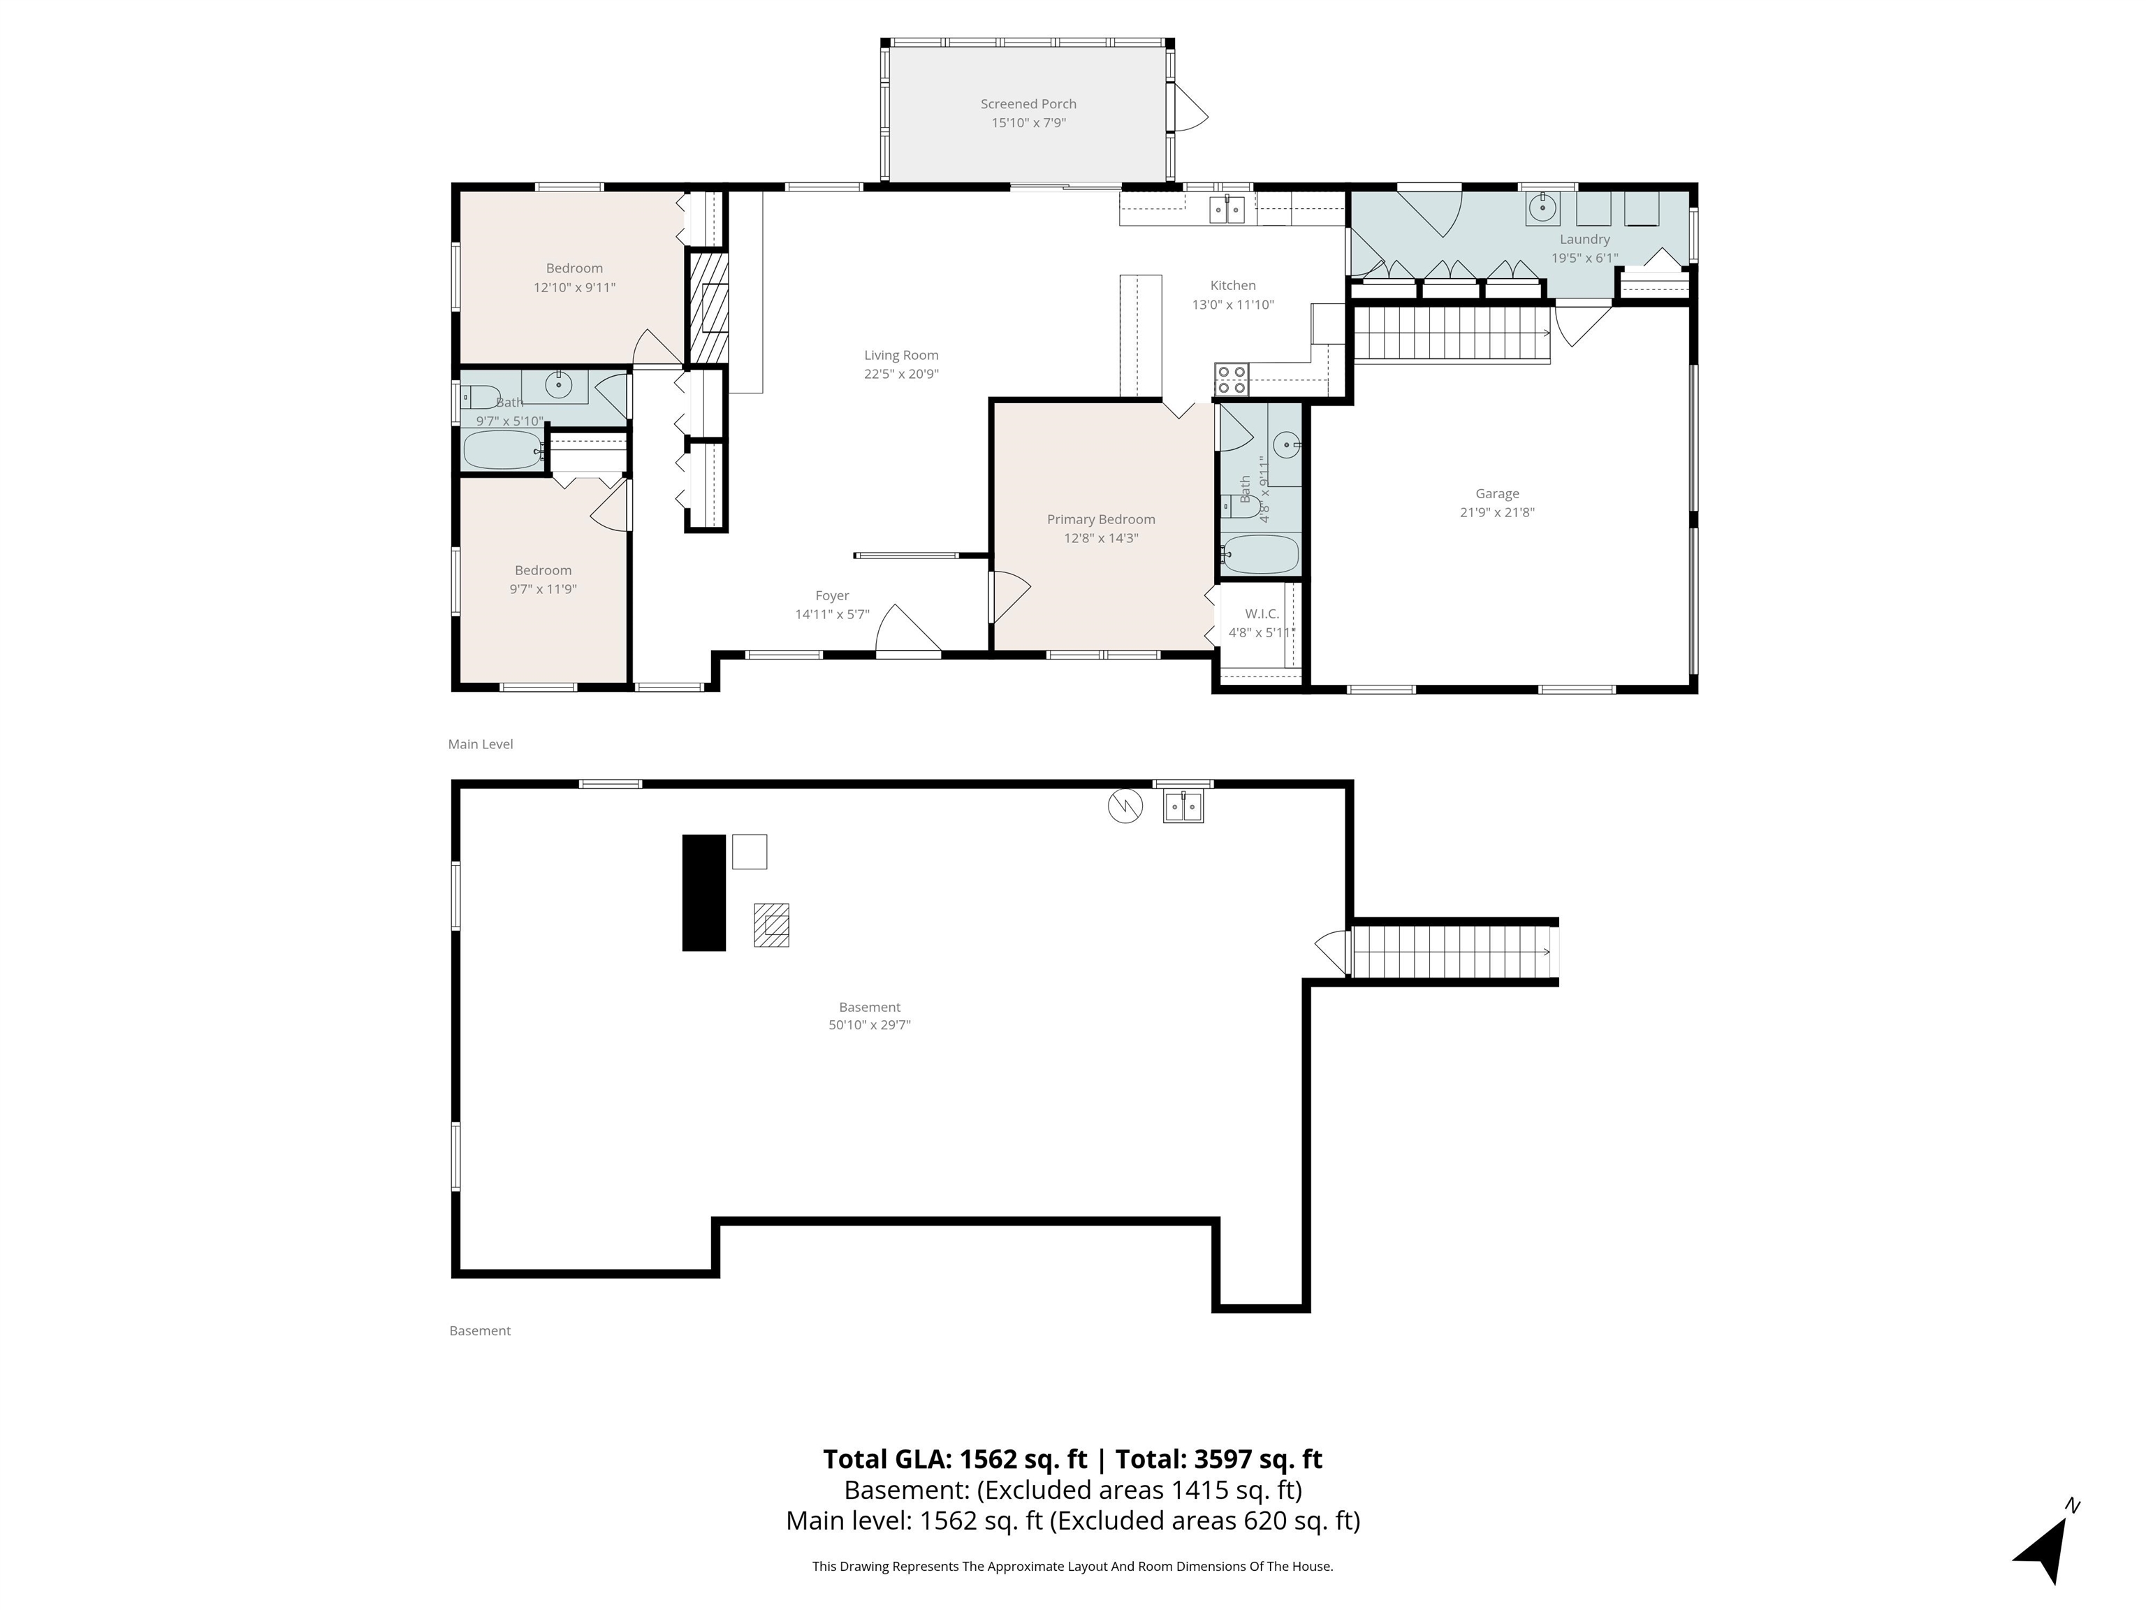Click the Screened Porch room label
pyautogui.click(x=1028, y=104)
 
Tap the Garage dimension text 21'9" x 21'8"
pyautogui.click(x=1497, y=512)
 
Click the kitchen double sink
pyautogui.click(x=1227, y=209)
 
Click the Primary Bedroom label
pyautogui.click(x=1101, y=519)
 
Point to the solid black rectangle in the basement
pyautogui.click(x=704, y=893)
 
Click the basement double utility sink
pyautogui.click(x=1183, y=806)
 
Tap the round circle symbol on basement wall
pyautogui.click(x=1125, y=806)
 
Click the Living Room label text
pyautogui.click(x=901, y=355)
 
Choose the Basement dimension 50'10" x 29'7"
pyautogui.click(x=869, y=1025)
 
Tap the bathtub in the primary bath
pyautogui.click(x=1260, y=554)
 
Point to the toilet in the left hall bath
pyautogui.click(x=479, y=397)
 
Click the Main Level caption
pyautogui.click(x=480, y=744)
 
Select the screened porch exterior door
pyautogui.click(x=1190, y=107)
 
